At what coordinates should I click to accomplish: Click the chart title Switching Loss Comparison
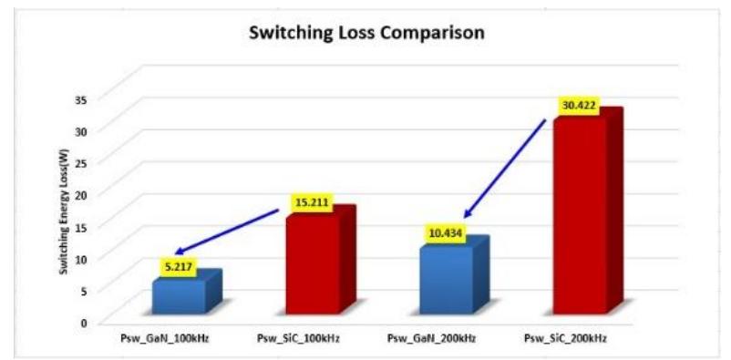pyautogui.click(x=366, y=34)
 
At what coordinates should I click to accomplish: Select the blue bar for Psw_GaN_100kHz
pyautogui.click(x=180, y=296)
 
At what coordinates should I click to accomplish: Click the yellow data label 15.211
pyautogui.click(x=310, y=201)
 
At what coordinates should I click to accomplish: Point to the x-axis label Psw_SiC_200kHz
pyautogui.click(x=566, y=339)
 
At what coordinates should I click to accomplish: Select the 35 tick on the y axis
pyautogui.click(x=85, y=98)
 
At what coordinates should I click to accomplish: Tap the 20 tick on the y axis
pyautogui.click(x=85, y=194)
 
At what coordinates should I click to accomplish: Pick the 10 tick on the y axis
pyautogui.click(x=85, y=258)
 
